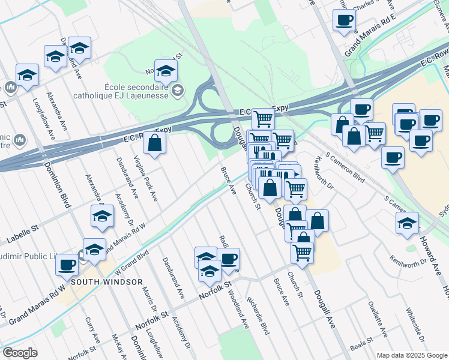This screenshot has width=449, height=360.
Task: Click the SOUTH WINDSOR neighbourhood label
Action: coord(107,281)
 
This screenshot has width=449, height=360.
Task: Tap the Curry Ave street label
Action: coord(92,330)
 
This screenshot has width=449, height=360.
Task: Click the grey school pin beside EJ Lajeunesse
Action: coord(177,90)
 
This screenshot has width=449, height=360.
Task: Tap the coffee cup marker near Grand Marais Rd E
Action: coord(345,20)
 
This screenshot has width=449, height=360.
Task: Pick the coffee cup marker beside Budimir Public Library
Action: coord(67,264)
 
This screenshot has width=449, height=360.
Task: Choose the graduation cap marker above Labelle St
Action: coord(102,216)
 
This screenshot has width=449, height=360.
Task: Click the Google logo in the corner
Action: coord(20,353)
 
